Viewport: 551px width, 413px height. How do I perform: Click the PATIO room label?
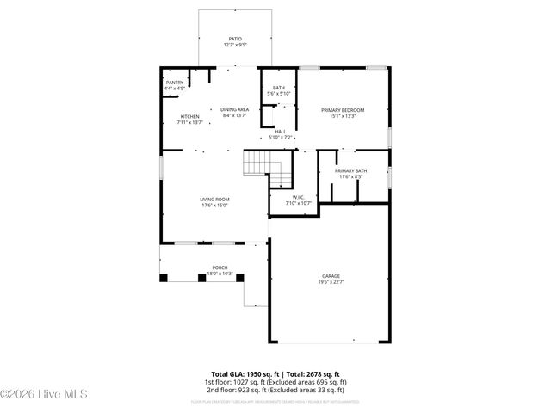[x=235, y=39]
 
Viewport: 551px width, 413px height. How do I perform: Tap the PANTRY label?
[x=174, y=83]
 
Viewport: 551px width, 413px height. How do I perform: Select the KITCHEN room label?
[x=189, y=116]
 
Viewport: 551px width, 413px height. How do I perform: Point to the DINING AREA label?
[x=234, y=109]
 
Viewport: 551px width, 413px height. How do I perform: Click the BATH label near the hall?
[x=279, y=88]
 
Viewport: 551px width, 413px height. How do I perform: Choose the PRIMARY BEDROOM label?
[x=343, y=110]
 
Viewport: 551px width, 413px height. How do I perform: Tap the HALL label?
[x=281, y=132]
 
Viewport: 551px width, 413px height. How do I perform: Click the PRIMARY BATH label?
[x=350, y=171]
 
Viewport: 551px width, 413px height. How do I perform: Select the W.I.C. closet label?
[x=299, y=197]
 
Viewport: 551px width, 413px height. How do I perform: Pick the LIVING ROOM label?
[x=214, y=200]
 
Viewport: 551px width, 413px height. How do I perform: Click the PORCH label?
[x=220, y=268]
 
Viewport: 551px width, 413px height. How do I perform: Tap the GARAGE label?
[x=331, y=276]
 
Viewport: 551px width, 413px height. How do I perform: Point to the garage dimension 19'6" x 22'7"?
[x=331, y=282]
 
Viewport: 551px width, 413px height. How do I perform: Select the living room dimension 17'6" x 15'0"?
[x=214, y=206]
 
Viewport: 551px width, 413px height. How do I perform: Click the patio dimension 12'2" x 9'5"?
[x=235, y=45]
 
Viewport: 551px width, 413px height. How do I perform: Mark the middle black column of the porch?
[x=202, y=277]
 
